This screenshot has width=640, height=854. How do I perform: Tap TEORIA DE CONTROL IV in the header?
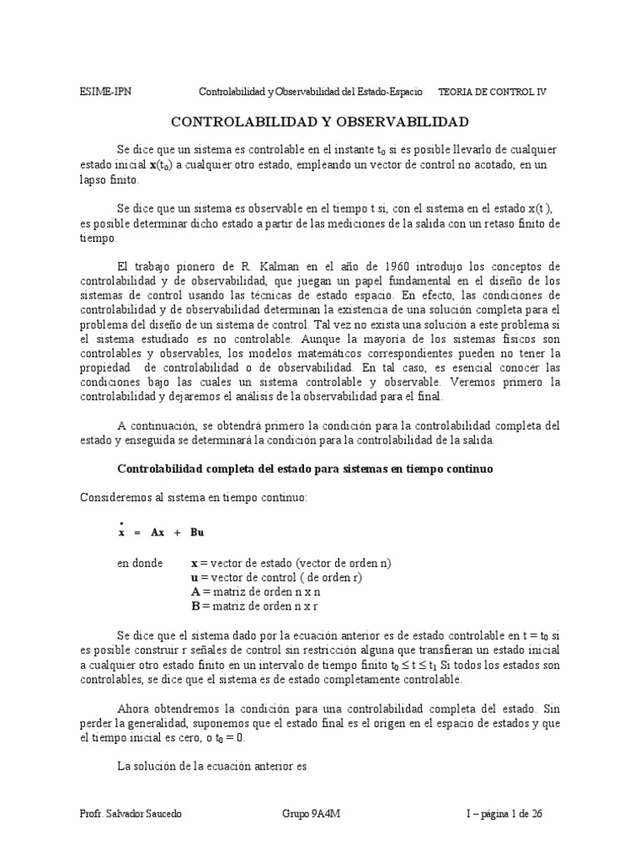point(492,92)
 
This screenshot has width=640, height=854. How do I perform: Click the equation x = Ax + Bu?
point(162,532)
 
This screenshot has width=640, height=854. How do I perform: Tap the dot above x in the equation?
point(122,521)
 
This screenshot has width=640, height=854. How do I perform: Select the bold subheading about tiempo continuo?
point(306,469)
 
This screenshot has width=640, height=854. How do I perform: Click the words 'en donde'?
point(140,563)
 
